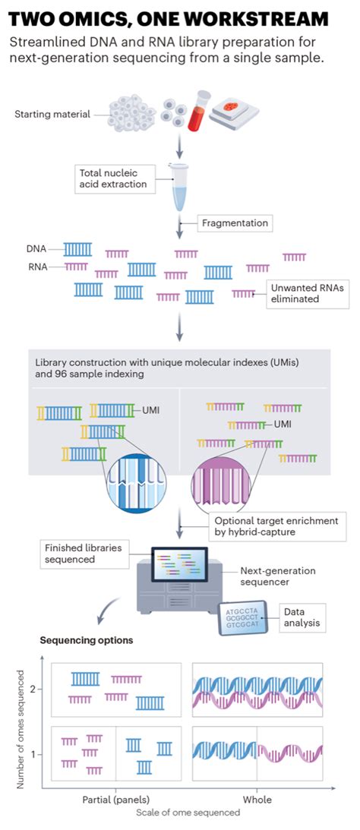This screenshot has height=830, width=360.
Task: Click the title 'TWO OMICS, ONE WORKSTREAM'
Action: [x=169, y=18]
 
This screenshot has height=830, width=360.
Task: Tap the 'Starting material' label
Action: [x=52, y=115]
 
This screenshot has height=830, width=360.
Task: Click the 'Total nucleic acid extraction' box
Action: [x=112, y=178]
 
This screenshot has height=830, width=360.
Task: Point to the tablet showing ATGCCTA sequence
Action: [x=243, y=620]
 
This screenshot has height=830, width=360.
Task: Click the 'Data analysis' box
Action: [x=303, y=617]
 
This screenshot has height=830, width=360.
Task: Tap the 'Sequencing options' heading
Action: [x=87, y=640]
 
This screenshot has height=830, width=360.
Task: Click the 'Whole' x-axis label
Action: [x=257, y=799]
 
